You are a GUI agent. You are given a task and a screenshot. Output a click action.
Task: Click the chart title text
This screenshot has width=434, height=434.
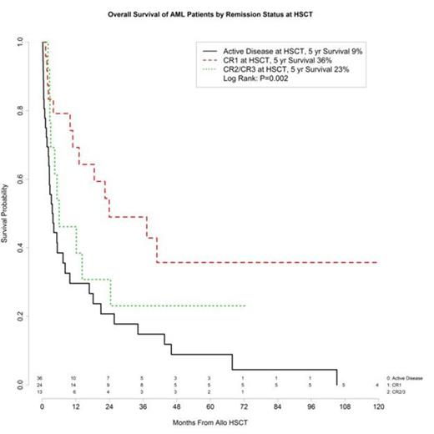(216, 17)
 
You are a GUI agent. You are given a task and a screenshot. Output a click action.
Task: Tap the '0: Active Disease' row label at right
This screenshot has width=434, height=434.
(406, 378)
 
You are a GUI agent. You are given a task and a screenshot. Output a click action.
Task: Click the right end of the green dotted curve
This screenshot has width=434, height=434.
(244, 306)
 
